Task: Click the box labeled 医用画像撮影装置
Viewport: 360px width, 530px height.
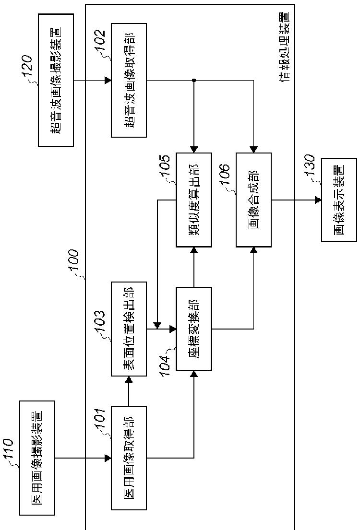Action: (x=37, y=458)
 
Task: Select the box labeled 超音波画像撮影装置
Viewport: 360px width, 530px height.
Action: (x=56, y=80)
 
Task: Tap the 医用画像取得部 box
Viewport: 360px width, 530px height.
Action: (x=129, y=458)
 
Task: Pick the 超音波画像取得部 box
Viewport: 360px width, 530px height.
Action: (x=129, y=80)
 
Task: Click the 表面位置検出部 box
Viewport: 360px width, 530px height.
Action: (x=129, y=329)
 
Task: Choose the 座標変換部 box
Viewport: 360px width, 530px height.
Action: (x=194, y=329)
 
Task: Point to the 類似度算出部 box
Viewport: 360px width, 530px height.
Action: (x=194, y=200)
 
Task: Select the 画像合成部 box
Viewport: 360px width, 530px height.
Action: (x=253, y=200)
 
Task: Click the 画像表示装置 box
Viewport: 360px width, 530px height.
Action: (x=339, y=200)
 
